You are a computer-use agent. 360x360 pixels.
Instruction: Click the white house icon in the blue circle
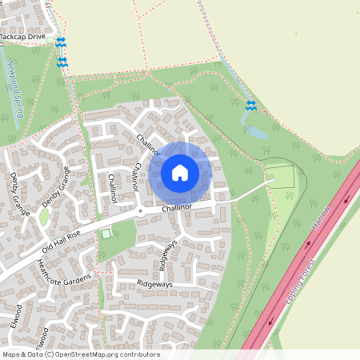pyautogui.click(x=180, y=172)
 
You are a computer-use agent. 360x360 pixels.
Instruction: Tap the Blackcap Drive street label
pyautogui.click(x=23, y=38)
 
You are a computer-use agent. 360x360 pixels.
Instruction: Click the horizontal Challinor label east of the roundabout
pyautogui.click(x=177, y=208)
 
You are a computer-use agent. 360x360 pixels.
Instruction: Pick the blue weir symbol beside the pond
pyautogui.click(x=250, y=106)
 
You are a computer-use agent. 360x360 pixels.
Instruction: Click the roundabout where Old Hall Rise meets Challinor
pyautogui.click(x=140, y=211)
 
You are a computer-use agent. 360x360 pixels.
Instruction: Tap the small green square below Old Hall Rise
pyautogui.click(x=106, y=234)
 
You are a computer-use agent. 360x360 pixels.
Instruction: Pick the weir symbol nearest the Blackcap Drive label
pyautogui.click(x=60, y=42)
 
